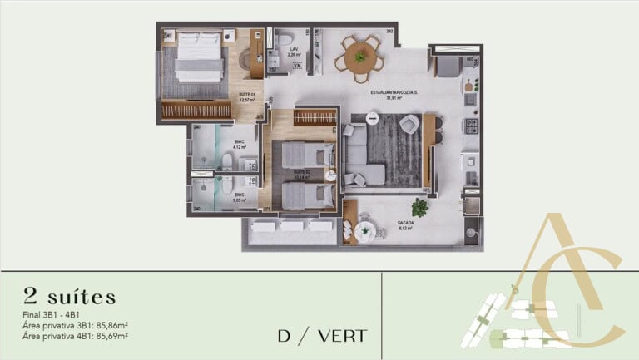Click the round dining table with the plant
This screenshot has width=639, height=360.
pyautogui.click(x=359, y=57)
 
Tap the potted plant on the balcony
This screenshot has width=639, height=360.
pyautogui.click(x=419, y=206)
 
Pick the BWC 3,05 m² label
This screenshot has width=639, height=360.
pyautogui.click(x=239, y=199)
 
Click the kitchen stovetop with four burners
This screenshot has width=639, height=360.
pyautogui.click(x=470, y=127)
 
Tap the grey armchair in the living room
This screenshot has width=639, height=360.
pyautogui.click(x=409, y=125)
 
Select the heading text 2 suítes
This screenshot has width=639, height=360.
pyautogui.click(x=71, y=297)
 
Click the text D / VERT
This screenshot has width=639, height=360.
pyautogui.click(x=322, y=337)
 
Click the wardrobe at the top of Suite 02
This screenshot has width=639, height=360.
pyautogui.click(x=314, y=118)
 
